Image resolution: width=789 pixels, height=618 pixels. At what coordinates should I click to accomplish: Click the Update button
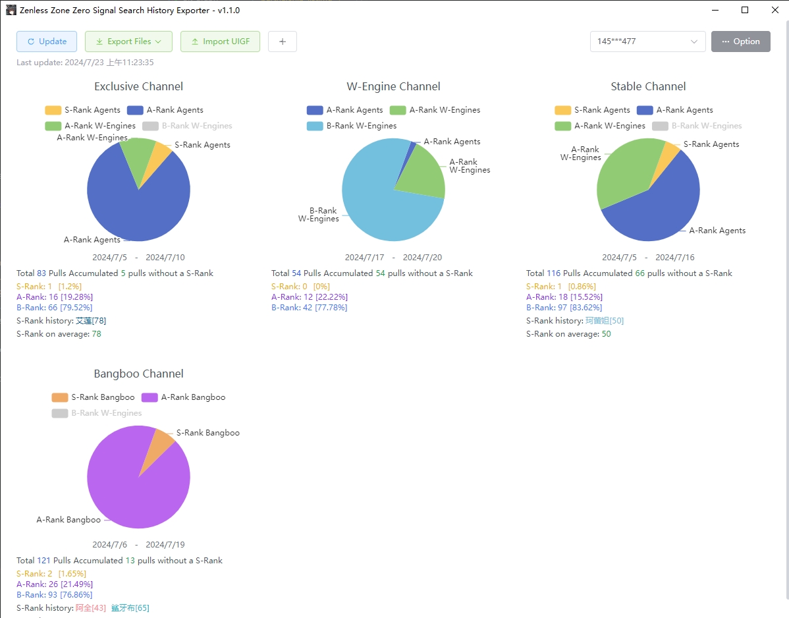point(47,42)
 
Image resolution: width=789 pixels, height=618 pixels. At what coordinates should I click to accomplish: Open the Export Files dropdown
point(128,42)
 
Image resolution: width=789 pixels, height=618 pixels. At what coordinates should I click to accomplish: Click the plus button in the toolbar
point(283,42)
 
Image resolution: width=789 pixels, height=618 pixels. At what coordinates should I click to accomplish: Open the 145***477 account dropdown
point(647,42)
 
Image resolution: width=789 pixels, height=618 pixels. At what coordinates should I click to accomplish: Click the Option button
point(741,42)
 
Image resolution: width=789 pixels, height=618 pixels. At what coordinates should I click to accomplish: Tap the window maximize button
point(745,10)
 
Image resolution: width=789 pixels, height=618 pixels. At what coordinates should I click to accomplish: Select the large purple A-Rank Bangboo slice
point(132,494)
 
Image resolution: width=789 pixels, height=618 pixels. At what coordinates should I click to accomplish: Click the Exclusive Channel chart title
point(138,86)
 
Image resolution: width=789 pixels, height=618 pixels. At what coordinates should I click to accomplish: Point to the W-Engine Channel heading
point(393,86)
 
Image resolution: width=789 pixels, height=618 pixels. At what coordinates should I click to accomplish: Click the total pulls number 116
point(553,273)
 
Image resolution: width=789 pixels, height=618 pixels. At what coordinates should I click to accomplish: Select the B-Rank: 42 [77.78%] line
point(309,308)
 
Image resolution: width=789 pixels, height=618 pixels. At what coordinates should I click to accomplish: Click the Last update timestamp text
point(85,63)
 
